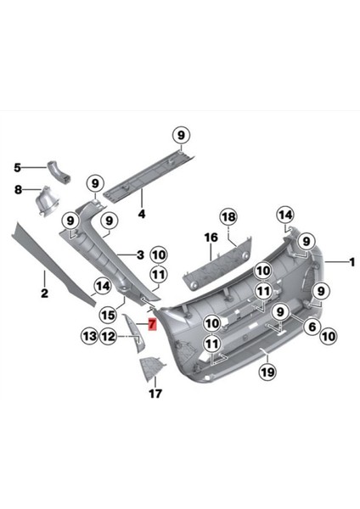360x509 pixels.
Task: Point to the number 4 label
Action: click(x=142, y=214)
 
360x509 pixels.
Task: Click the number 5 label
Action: click(x=17, y=169)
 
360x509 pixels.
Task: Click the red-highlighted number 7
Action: click(x=152, y=323)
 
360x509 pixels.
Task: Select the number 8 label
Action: click(x=17, y=190)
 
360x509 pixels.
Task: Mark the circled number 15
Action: click(x=108, y=314)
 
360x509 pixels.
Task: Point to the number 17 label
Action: click(x=155, y=394)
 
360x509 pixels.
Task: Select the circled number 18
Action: click(x=228, y=216)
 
